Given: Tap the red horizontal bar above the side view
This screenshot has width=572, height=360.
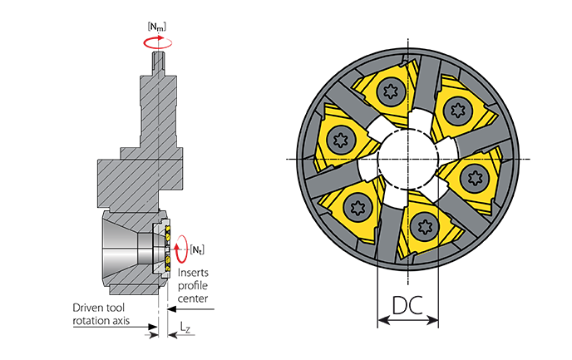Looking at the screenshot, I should (158, 39).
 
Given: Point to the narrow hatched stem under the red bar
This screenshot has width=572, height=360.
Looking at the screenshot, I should (157, 83).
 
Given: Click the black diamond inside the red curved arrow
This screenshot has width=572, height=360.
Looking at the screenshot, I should (185, 247).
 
